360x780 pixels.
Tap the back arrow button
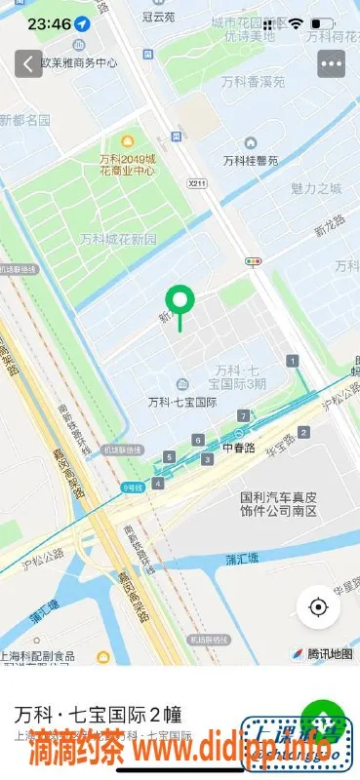tap(25, 63)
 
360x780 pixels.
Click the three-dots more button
tap(332, 63)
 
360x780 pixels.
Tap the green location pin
tap(180, 303)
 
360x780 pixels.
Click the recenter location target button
tap(318, 606)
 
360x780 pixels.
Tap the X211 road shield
tap(198, 182)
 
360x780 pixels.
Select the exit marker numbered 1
tap(293, 362)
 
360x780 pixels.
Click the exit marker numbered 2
tap(304, 432)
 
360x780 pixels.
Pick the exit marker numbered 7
tap(243, 416)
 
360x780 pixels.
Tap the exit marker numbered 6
tap(198, 440)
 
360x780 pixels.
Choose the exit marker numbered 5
tap(170, 456)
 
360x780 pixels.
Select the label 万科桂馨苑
tap(251, 160)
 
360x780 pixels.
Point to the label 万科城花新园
tap(118, 239)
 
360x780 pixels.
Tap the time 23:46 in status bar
tap(49, 21)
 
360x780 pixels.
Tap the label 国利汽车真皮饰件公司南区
tap(280, 503)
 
